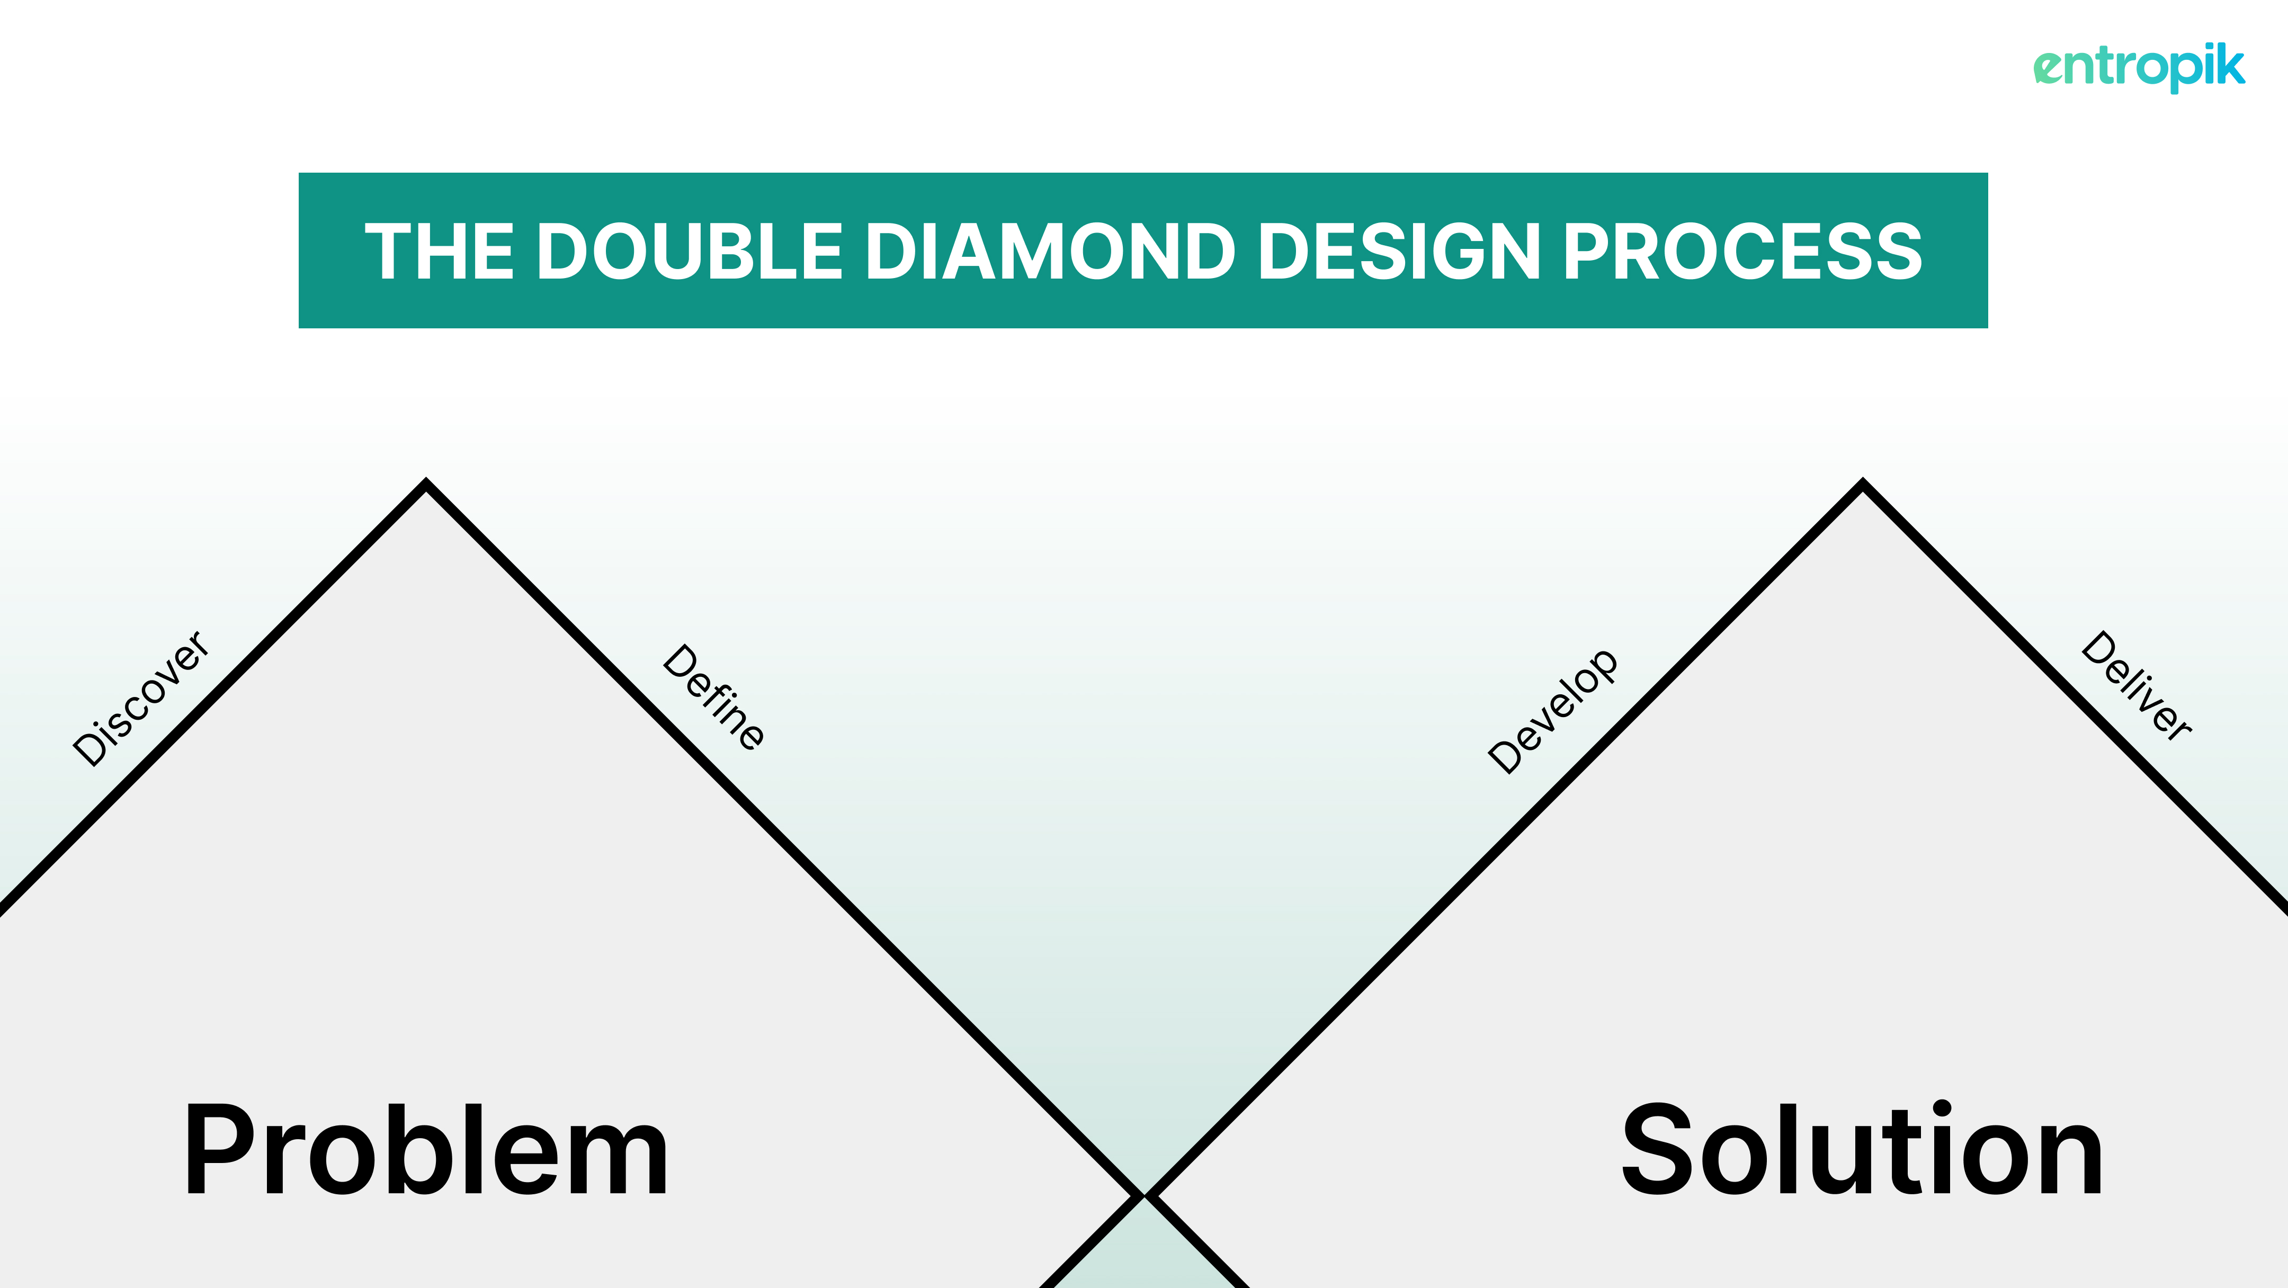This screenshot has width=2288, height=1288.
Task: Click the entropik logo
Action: click(x=2139, y=67)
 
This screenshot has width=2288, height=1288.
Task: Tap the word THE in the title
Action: click(x=440, y=252)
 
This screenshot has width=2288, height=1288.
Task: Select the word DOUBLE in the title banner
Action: click(x=689, y=252)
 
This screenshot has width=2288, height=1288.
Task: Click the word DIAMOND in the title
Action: click(x=1050, y=252)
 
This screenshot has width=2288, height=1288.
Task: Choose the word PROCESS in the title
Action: click(x=1742, y=252)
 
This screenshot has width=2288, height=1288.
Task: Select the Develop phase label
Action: click(x=1552, y=711)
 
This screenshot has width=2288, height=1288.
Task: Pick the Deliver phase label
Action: click(x=2136, y=685)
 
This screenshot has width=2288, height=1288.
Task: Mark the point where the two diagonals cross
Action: click(x=1144, y=1196)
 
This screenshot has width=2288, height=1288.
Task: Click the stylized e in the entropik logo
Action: click(x=2049, y=68)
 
